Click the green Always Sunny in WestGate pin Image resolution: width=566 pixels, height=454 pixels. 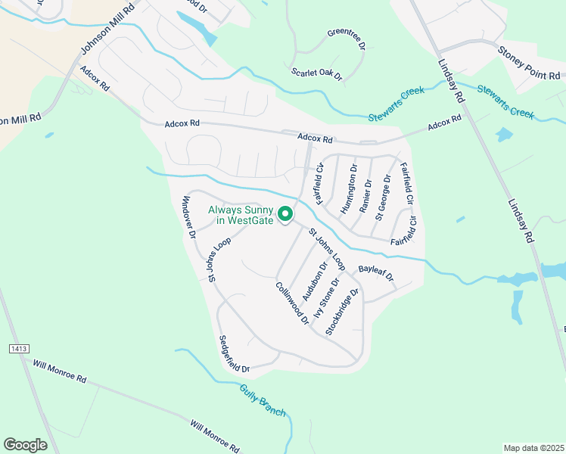pyautogui.click(x=285, y=215)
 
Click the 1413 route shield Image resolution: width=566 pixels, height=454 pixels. pyautogui.click(x=20, y=349)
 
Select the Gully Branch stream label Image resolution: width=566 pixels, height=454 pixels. pyautogui.click(x=263, y=400)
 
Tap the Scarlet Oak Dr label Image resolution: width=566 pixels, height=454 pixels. pyautogui.click(x=317, y=74)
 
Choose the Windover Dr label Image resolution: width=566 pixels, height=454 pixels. pyautogui.click(x=188, y=219)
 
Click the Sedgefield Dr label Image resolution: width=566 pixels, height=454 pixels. pyautogui.click(x=234, y=354)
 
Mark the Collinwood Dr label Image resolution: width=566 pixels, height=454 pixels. pyautogui.click(x=292, y=303)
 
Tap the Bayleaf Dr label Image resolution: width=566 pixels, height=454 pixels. pyautogui.click(x=376, y=272)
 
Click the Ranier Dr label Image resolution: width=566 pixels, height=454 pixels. pyautogui.click(x=366, y=195)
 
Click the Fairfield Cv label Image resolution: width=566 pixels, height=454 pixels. pyautogui.click(x=321, y=184)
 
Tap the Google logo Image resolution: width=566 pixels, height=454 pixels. pyautogui.click(x=25, y=445)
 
